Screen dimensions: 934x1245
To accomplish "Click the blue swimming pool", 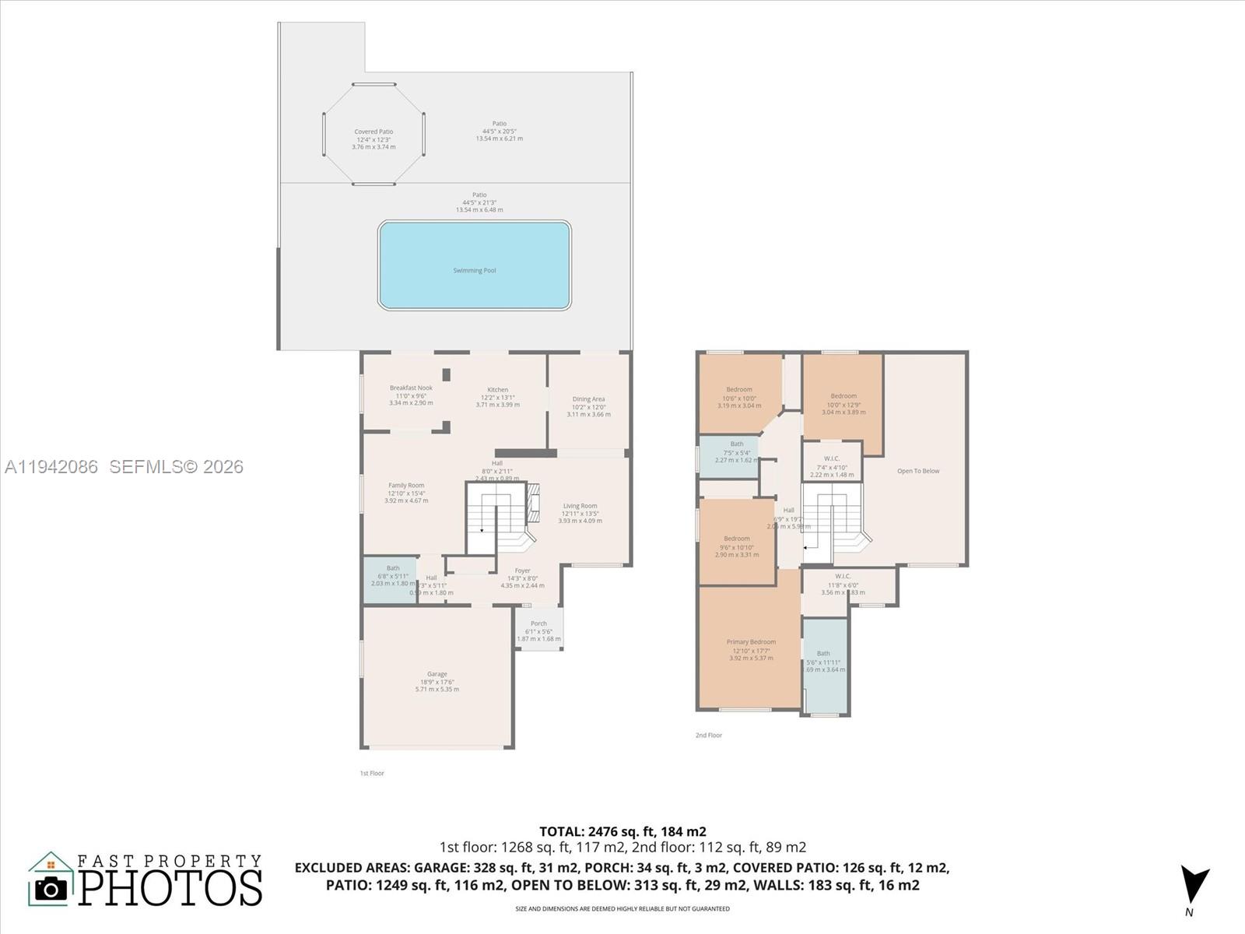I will point(475,265).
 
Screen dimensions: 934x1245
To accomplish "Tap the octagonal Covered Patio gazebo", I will point(373,135).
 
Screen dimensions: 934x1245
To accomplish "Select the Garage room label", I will point(437,675).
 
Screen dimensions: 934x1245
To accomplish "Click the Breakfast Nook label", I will point(411,388).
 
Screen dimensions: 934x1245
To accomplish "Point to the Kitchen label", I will point(498,390).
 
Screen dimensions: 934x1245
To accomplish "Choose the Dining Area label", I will point(588,399).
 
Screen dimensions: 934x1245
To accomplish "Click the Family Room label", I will point(406,486).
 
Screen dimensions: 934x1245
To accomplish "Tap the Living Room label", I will point(580,506).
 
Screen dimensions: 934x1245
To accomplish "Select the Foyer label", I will point(522,571).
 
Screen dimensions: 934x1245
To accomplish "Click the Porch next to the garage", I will point(538,629).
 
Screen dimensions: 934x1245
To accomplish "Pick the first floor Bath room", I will point(391,579).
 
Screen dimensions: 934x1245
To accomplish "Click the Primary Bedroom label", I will point(751,643).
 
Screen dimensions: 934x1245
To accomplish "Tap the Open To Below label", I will point(918,471).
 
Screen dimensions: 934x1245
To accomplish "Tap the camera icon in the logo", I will point(51,888).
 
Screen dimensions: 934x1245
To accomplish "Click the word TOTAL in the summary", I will point(562,831).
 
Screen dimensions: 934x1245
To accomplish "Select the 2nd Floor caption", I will point(709,735).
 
